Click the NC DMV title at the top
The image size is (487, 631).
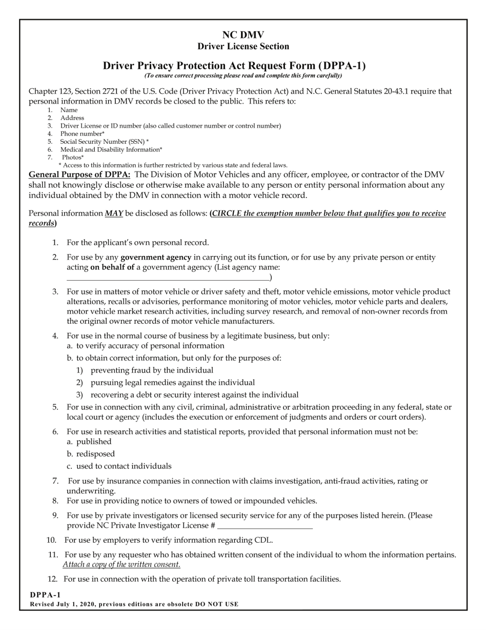[243, 35]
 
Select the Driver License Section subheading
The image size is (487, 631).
[243, 46]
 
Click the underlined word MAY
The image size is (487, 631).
[114, 213]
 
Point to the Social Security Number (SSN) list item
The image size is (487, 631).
[104, 142]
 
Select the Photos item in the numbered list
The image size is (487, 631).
[73, 157]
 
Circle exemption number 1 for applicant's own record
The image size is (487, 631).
[55, 243]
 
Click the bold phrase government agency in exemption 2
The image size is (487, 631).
[156, 258]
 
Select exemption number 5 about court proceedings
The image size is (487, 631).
[55, 407]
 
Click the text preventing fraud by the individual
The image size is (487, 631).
[152, 370]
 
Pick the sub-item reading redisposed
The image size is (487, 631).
[95, 454]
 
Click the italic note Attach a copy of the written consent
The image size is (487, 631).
[121, 565]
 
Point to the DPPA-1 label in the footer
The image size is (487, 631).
[45, 595]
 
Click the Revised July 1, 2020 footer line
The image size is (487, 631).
[134, 604]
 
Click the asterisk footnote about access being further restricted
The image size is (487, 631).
[173, 165]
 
